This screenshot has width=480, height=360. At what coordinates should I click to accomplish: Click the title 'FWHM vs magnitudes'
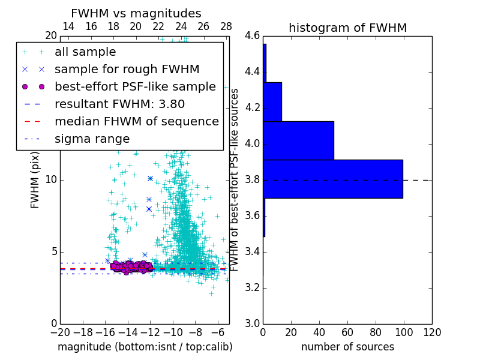click(136, 13)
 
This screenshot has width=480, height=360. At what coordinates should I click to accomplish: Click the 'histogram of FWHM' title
click(347, 28)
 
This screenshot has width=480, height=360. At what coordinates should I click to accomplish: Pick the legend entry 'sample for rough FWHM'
click(127, 70)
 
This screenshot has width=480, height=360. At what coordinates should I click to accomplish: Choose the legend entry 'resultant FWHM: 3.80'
click(119, 104)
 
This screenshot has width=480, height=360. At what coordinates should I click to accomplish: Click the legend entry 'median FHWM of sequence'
click(136, 122)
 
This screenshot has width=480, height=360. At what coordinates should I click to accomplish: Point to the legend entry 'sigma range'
click(92, 139)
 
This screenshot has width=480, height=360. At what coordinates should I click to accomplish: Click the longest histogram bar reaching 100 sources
click(332, 179)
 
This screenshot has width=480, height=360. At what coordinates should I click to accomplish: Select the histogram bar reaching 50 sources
click(298, 140)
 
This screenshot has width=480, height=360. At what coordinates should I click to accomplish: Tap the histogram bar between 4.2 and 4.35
click(272, 101)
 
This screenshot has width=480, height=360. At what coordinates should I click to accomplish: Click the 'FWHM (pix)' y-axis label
click(35, 179)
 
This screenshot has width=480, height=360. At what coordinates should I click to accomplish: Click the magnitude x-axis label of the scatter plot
click(145, 347)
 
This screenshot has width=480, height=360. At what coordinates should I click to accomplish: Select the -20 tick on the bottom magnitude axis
click(60, 332)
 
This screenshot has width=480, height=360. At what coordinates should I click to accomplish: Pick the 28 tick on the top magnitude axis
click(226, 26)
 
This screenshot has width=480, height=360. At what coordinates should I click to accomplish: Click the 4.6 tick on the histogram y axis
click(252, 36)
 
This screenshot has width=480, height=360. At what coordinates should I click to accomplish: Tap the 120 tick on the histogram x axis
click(432, 332)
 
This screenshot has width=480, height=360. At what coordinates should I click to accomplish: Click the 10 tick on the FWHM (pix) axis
click(52, 180)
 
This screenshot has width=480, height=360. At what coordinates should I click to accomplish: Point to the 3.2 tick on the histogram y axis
click(252, 287)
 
